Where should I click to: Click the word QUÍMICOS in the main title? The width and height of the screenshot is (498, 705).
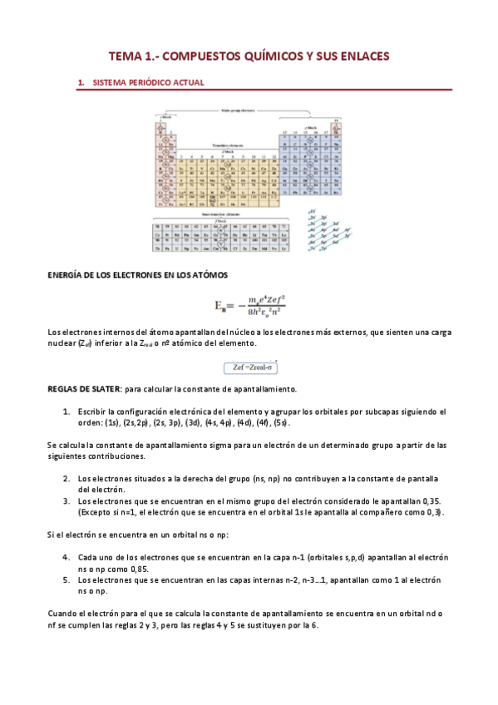262,56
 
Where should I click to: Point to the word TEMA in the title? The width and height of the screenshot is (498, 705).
126,56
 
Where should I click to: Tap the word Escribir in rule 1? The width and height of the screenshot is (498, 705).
93,412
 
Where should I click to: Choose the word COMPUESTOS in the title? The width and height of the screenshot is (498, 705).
195,56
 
